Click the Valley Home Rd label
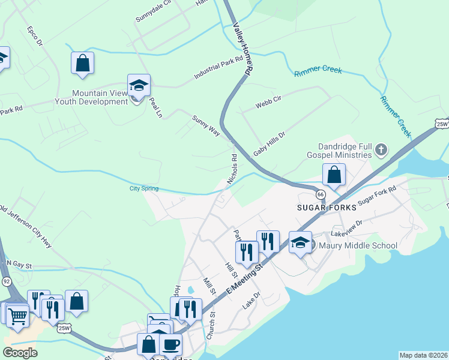242,49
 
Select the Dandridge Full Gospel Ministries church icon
381,149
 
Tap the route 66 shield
321,194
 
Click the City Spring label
144,188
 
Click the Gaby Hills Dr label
268,145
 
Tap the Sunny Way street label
206,122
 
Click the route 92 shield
7,280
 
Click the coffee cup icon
170,344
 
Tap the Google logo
20,353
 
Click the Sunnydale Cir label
154,11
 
